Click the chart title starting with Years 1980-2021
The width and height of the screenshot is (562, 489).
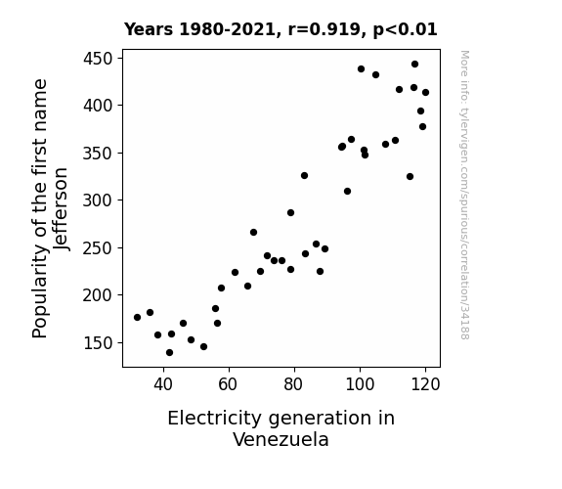coord(281,29)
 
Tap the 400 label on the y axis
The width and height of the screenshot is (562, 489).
coord(98,106)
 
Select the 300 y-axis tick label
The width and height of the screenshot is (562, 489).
coord(98,200)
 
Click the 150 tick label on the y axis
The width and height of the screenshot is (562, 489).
coord(98,342)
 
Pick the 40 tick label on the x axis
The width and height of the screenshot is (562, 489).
coord(163,384)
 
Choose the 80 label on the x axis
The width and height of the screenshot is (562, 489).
coord(294,384)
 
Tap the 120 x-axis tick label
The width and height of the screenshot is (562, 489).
coord(425,384)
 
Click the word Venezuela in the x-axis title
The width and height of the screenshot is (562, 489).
coord(281,439)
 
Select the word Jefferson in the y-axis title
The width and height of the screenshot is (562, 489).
coord(61,208)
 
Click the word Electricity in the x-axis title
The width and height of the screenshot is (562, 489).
coord(215,419)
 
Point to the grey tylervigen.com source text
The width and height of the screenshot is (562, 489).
coord(464,195)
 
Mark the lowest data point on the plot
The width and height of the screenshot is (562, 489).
coord(169,353)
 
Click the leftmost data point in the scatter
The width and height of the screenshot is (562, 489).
coord(137,317)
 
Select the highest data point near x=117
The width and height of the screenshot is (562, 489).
coord(414,65)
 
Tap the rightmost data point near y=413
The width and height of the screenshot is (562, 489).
coord(425,93)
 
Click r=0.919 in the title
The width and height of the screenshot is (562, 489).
coord(324,29)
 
